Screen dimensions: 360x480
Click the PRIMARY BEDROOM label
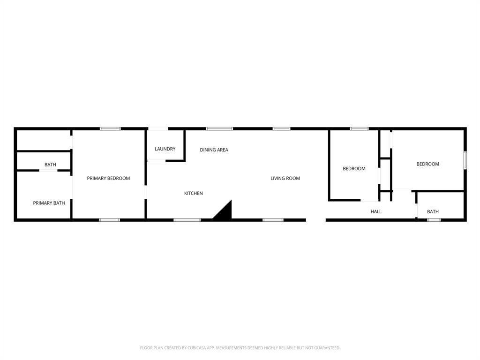coord(108,178)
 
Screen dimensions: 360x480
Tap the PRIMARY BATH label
coord(49,203)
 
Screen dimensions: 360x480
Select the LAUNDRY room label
coord(165,149)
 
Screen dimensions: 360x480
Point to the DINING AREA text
coord(214,150)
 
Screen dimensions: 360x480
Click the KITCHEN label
coord(193,193)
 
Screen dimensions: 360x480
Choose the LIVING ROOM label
coord(285,178)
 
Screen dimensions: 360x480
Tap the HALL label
coord(376,211)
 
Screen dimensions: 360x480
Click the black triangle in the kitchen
coord(225,212)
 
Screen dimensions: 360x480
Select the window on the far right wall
coord(465,160)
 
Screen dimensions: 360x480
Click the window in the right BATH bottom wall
coord(434,220)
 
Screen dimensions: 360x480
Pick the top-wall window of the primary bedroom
coord(110,128)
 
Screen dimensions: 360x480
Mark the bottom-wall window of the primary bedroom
coord(109,220)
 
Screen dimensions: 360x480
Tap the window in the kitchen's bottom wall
coord(187,220)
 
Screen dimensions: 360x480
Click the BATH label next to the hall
coord(433,211)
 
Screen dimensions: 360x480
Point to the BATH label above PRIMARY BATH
coord(50,165)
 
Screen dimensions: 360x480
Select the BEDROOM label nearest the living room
coord(354,169)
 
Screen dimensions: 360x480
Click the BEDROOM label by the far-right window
coord(427,164)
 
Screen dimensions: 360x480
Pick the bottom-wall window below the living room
coord(273,220)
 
